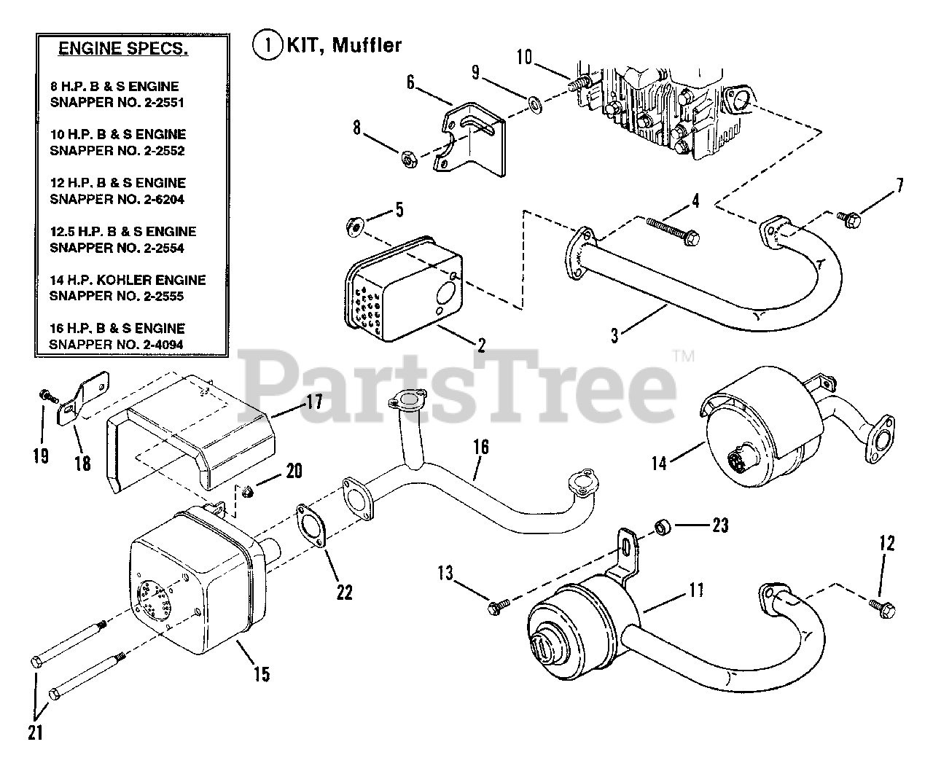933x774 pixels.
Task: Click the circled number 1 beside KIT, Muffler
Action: [267, 45]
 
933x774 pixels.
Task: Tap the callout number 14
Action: [659, 463]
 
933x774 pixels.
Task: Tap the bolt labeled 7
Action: [848, 216]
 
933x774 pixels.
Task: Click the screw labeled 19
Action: [46, 396]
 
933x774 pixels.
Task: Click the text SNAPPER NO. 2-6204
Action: [117, 199]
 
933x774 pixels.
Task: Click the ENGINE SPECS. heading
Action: [122, 50]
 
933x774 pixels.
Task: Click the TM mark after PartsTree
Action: [683, 357]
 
